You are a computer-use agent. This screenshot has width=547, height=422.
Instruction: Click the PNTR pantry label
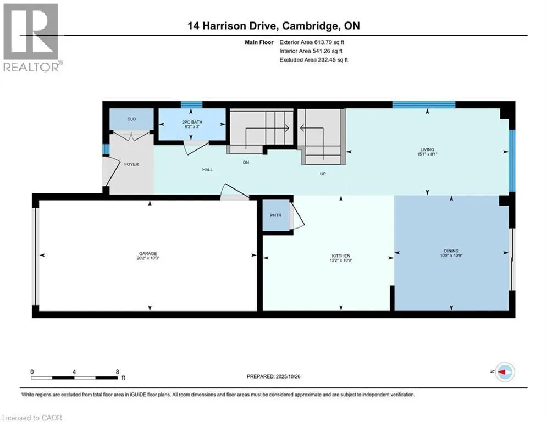click(x=275, y=215)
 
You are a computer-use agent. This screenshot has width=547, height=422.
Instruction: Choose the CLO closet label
click(x=131, y=119)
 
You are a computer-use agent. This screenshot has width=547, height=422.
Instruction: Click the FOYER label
click(x=131, y=164)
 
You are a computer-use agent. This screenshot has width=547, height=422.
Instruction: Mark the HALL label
click(x=207, y=170)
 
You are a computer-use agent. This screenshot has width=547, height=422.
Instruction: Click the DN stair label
click(x=247, y=162)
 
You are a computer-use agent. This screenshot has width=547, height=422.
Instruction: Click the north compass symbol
click(x=504, y=372)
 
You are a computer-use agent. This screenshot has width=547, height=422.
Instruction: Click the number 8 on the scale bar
click(x=117, y=371)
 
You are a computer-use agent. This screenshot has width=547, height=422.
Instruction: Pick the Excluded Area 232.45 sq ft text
click(x=313, y=59)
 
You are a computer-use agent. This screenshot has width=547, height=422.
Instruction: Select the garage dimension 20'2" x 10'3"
click(x=148, y=258)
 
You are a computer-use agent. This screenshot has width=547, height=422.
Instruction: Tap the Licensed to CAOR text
click(x=32, y=418)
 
